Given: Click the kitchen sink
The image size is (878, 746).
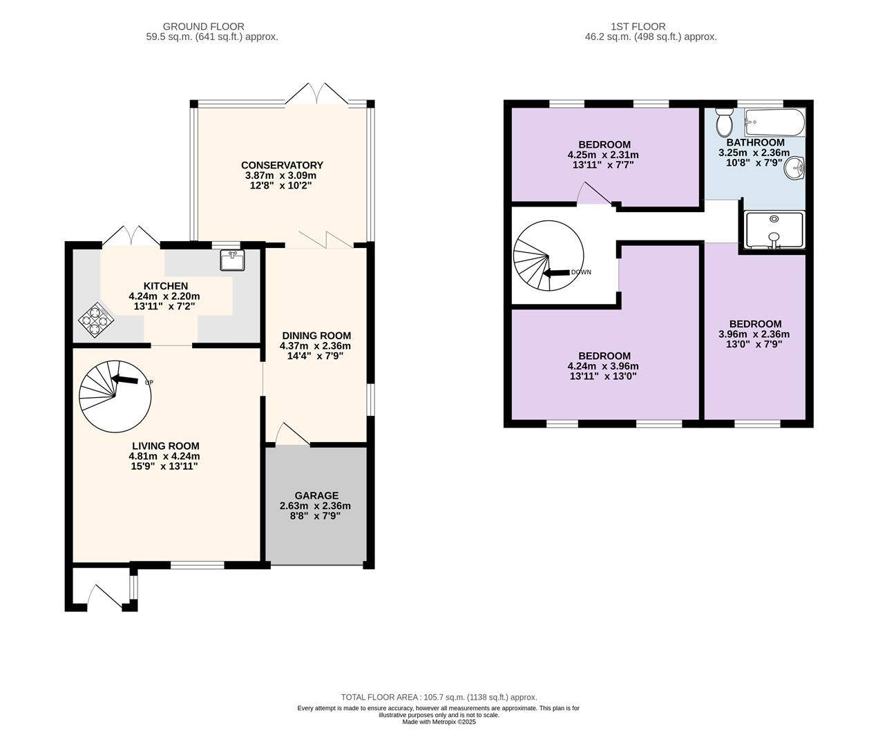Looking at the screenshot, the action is pos(232,260).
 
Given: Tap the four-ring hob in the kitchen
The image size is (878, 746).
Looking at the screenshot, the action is pos(96,320).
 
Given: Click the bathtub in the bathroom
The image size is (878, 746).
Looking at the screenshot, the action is pos(775,122).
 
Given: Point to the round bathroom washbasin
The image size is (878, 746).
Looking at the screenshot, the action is pos(794,169).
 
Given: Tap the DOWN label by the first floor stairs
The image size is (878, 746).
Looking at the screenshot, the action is pos(581,272).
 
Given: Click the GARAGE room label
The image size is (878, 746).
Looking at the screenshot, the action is pos(316,495).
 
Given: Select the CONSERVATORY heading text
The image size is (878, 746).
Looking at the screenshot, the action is pos(282,165).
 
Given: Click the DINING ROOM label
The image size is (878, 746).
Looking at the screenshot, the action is pos(316,336).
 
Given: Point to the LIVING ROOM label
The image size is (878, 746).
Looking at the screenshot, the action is pos(166,446).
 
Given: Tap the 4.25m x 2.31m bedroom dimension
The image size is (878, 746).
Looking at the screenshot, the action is pos(603,155).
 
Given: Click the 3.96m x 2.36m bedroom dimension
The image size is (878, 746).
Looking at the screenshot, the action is pos(754,334).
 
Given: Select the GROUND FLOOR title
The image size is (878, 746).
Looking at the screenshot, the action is pos(204,27).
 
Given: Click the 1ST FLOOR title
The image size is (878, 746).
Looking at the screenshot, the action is pos(638,27).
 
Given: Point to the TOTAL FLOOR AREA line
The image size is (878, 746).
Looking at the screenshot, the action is pos(439,697).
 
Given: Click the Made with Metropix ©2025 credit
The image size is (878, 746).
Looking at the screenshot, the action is pos(439,722).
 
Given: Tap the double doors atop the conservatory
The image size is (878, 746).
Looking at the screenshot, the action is pos(317,93).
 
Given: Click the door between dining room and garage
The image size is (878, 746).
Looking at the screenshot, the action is pos(292,434).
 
